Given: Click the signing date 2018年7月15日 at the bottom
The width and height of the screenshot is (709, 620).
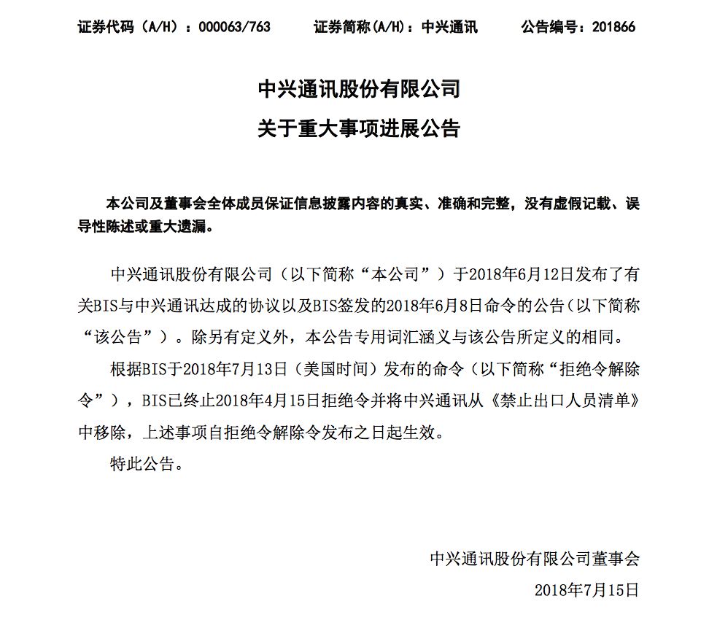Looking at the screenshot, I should pyautogui.click(x=586, y=590).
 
